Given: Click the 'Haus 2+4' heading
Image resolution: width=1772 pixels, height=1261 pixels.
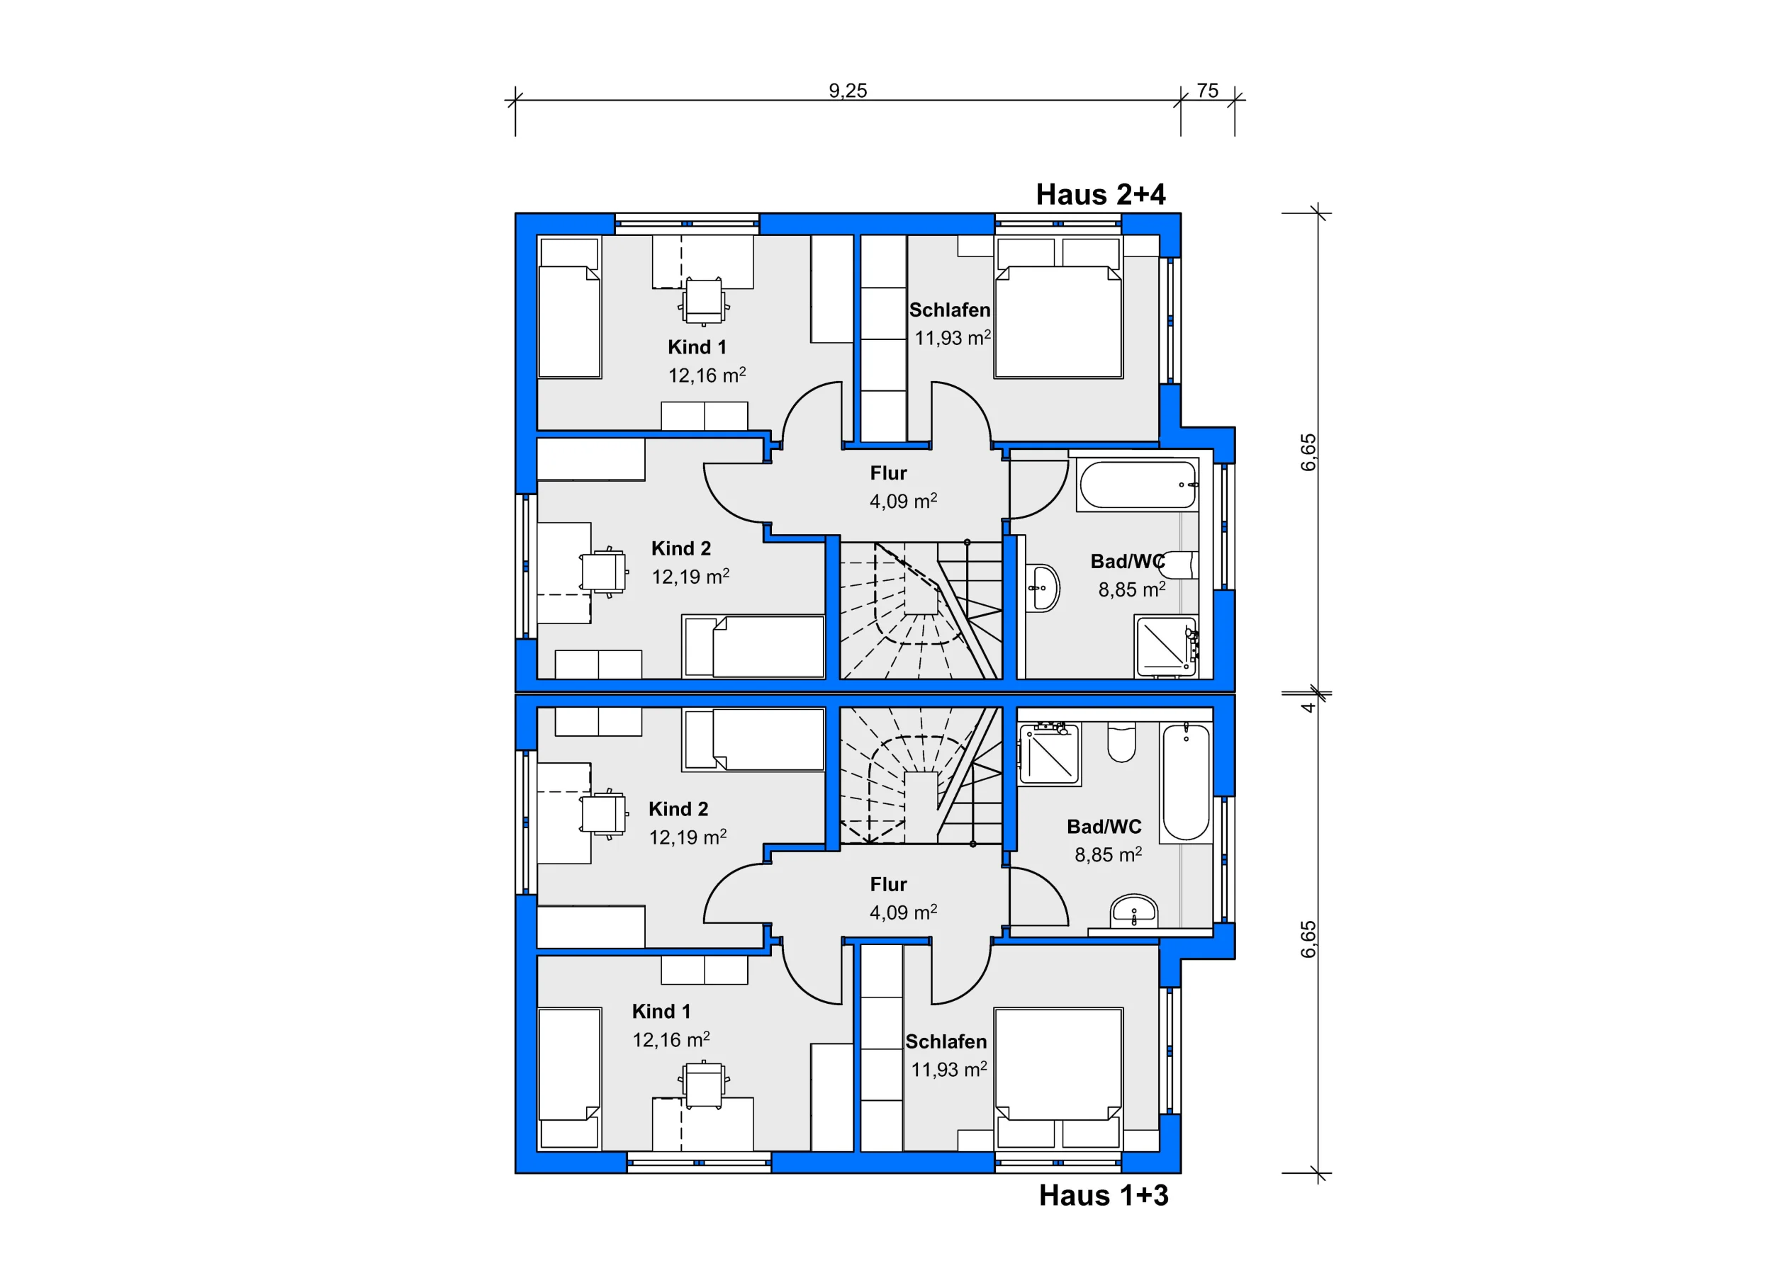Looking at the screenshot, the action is [x=1100, y=194].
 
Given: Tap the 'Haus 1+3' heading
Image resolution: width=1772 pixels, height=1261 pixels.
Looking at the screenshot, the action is [x=1103, y=1195].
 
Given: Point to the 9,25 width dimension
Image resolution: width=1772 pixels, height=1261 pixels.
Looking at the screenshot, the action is [x=848, y=90].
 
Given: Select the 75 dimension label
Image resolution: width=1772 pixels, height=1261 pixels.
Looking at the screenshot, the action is [x=1207, y=90].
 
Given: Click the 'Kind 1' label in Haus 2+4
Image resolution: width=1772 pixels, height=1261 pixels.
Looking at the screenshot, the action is [x=697, y=347].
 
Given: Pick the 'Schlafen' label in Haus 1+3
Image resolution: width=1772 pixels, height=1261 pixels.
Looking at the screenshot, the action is [x=946, y=1041].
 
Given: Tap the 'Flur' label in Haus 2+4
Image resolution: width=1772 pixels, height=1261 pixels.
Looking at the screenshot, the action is [x=888, y=473].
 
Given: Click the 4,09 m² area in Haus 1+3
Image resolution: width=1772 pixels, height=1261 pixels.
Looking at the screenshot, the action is [x=903, y=912].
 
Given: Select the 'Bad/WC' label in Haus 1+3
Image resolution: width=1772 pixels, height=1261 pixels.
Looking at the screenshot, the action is [x=1104, y=826].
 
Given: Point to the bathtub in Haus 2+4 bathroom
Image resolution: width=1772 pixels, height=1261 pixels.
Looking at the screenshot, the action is [x=1138, y=485].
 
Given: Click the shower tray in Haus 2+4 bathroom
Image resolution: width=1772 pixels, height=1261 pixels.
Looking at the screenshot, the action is [x=1166, y=646].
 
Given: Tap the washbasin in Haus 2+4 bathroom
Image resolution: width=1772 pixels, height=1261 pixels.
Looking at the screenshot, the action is [x=1042, y=588].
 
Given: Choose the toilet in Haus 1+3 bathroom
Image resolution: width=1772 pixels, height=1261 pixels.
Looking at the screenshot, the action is [x=1121, y=742].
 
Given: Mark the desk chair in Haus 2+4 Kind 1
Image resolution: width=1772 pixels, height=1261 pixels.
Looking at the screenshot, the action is [x=704, y=301].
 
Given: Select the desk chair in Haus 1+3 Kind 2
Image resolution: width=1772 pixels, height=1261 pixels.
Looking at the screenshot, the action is [x=604, y=815].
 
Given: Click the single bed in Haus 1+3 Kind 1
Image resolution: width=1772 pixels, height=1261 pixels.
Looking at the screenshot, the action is [x=569, y=1078].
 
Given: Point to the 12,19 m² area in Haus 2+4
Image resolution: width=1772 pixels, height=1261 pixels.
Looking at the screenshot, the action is [x=690, y=576].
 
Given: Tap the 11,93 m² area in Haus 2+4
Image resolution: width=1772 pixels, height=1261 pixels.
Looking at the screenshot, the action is [x=953, y=338].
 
